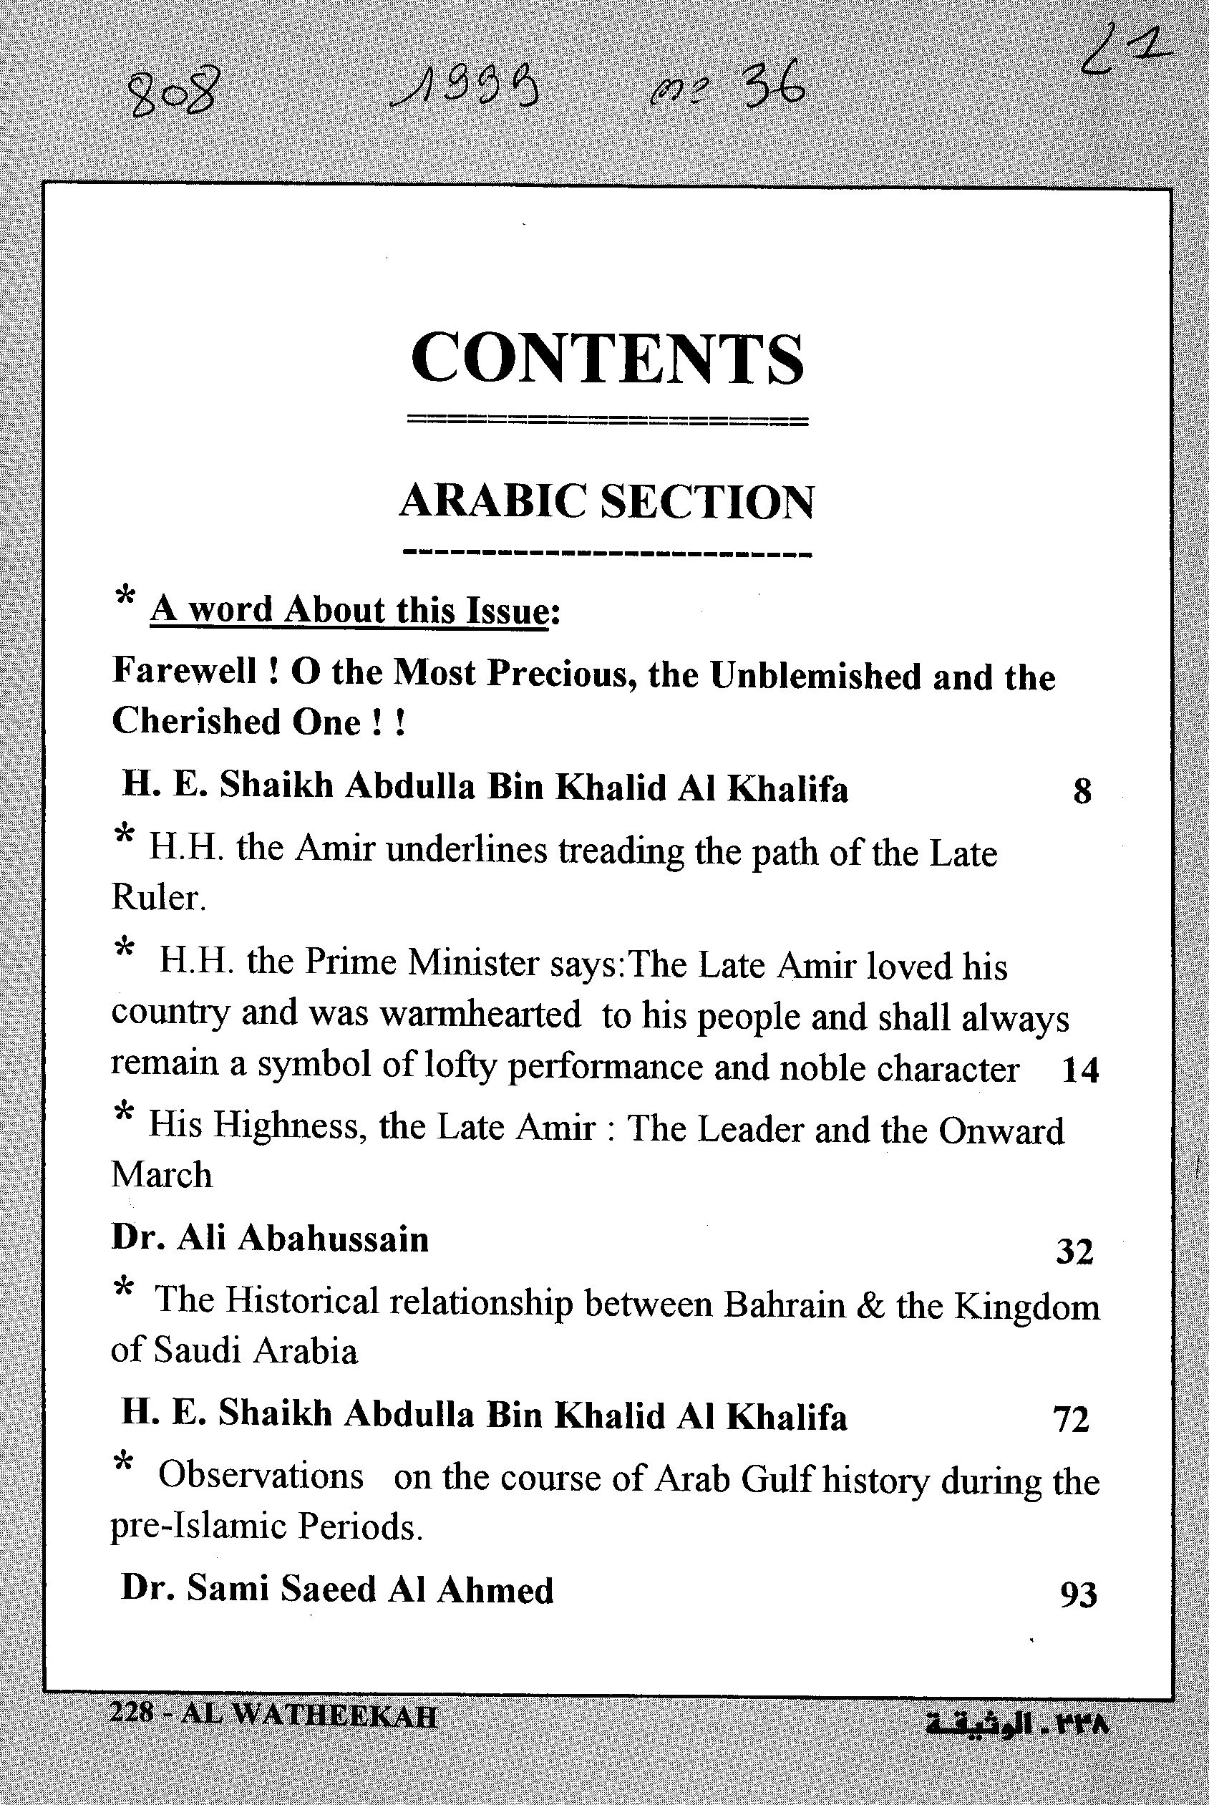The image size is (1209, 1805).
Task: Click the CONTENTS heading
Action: coord(608,359)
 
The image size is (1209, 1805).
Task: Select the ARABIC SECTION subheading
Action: coord(606,502)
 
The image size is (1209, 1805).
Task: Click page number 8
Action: coord(1082,791)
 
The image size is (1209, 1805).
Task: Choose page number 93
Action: coord(1078,1594)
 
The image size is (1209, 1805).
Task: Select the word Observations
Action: coord(261,1476)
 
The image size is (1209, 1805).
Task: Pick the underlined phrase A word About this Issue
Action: coord(349,611)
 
